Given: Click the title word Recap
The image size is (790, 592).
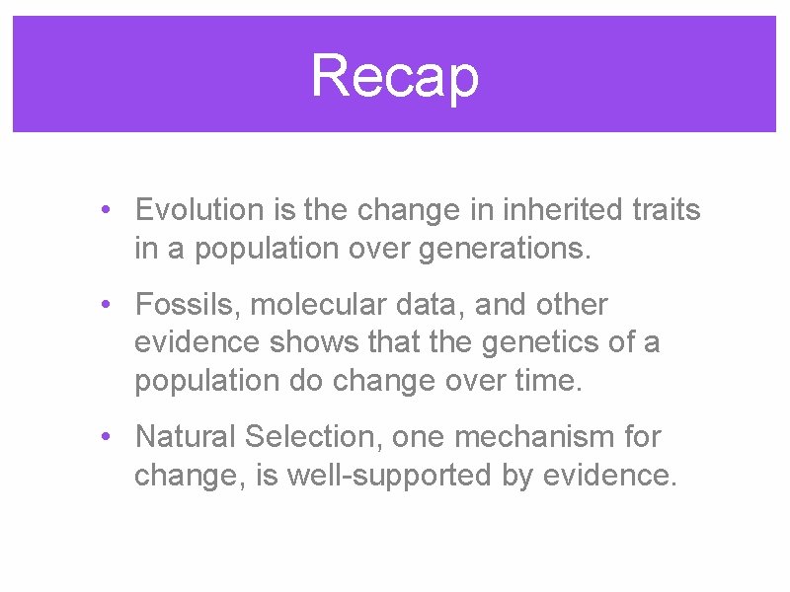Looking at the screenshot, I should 395,76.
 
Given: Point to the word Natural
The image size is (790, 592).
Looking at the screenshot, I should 186,436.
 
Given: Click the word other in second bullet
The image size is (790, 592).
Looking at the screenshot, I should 573,305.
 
